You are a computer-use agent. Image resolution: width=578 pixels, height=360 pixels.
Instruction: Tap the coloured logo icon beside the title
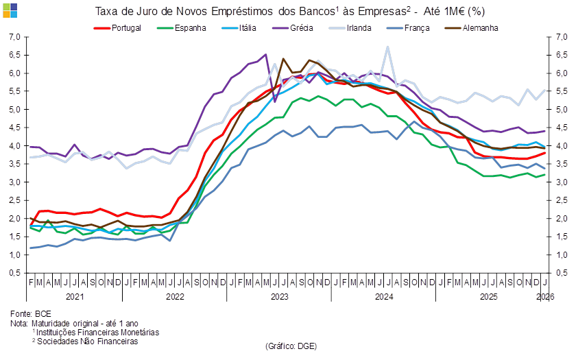point(10,10)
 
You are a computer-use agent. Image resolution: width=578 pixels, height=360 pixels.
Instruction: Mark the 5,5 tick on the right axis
point(561,91)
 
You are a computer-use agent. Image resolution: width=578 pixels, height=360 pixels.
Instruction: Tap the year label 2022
point(175,297)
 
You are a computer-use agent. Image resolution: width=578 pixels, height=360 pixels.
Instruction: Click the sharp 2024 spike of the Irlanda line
point(388,47)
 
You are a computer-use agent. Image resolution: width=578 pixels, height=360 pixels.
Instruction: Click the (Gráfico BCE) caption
point(291,346)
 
